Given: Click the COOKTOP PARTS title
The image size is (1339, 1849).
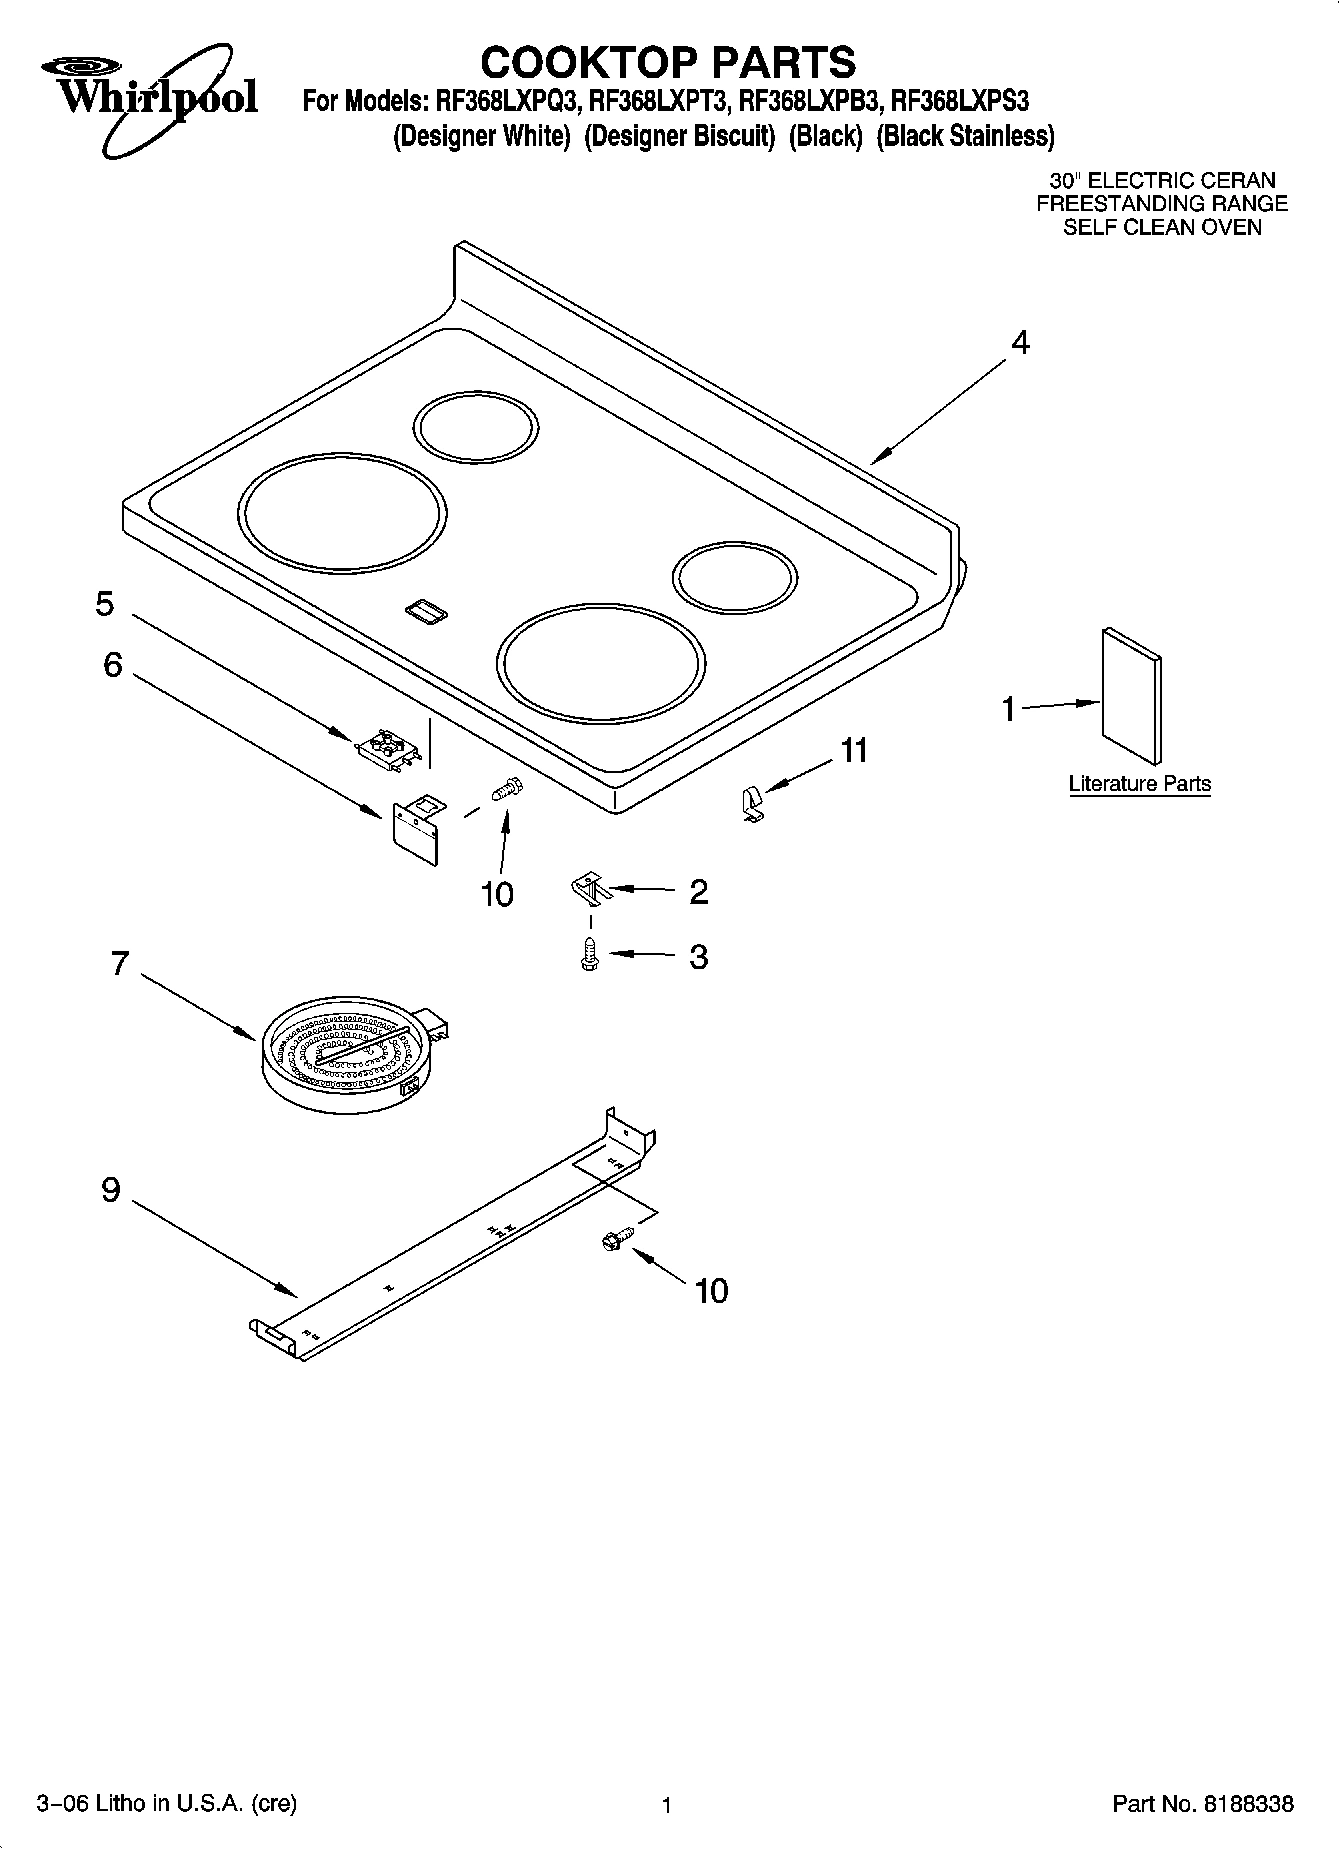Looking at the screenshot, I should pyautogui.click(x=668, y=62).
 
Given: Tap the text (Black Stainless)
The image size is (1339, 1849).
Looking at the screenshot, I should pyautogui.click(x=965, y=136).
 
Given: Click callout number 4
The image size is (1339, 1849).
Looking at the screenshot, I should pyautogui.click(x=1019, y=343).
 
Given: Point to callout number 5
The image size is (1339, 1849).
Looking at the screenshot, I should pyautogui.click(x=105, y=604).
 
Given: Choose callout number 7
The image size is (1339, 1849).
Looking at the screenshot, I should pyautogui.click(x=119, y=964).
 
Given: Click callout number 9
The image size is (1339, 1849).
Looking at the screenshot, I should pyautogui.click(x=110, y=1190).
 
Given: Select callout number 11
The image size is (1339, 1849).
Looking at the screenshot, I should pyautogui.click(x=853, y=750).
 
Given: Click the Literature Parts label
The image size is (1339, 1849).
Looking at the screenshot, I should pyautogui.click(x=1139, y=784).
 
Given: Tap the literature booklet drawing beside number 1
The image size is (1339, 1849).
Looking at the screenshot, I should pyautogui.click(x=1132, y=693).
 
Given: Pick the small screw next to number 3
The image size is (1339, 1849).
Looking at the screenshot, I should pyautogui.click(x=590, y=954).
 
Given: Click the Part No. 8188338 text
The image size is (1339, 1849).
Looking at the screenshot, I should pyautogui.click(x=1203, y=1804).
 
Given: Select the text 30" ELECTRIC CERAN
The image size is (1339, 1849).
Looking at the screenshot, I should pyautogui.click(x=1162, y=181).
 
